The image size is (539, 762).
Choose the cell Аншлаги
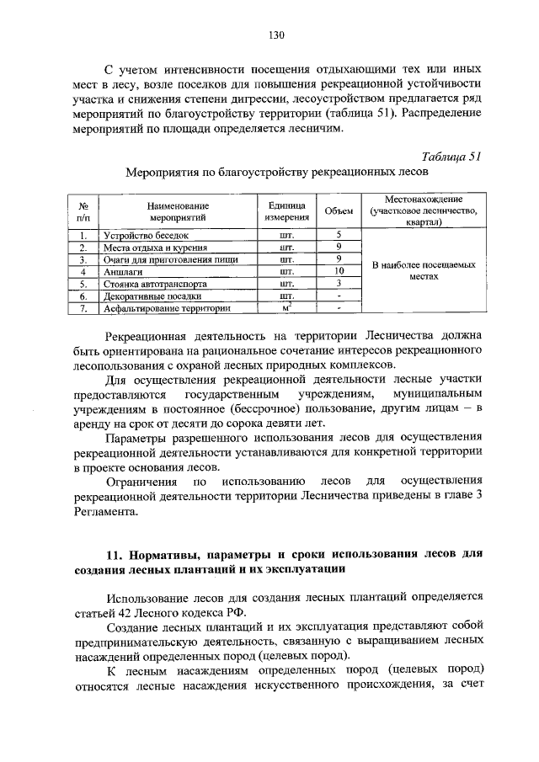[x=123, y=272]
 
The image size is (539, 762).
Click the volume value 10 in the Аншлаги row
[x=338, y=272]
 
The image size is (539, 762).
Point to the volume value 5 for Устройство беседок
[x=338, y=236]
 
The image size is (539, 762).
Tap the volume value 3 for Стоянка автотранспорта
[x=338, y=285]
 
